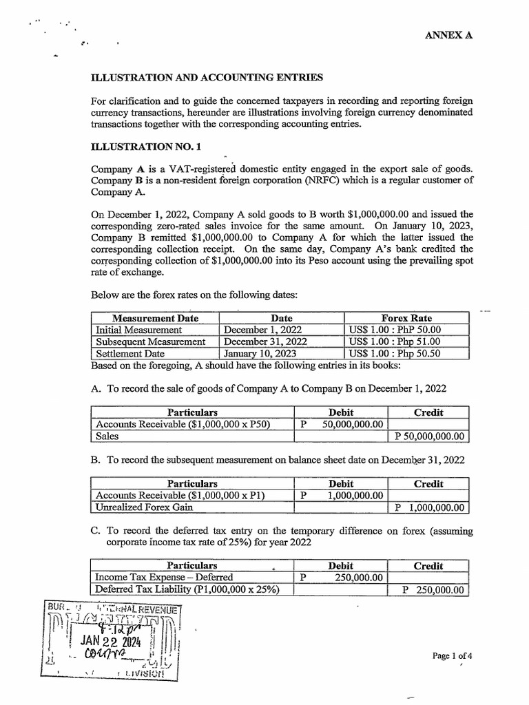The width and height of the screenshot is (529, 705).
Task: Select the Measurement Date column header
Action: point(155,318)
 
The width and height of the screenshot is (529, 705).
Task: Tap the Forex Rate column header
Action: point(406,318)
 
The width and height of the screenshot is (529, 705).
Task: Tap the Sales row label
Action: point(107,436)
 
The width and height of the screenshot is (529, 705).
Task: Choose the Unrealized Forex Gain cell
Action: point(144,507)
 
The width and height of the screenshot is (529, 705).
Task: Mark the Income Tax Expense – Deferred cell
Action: point(164,577)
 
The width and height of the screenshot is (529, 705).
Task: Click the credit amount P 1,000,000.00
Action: point(428,508)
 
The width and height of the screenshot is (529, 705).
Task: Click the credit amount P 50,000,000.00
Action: point(428,436)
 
